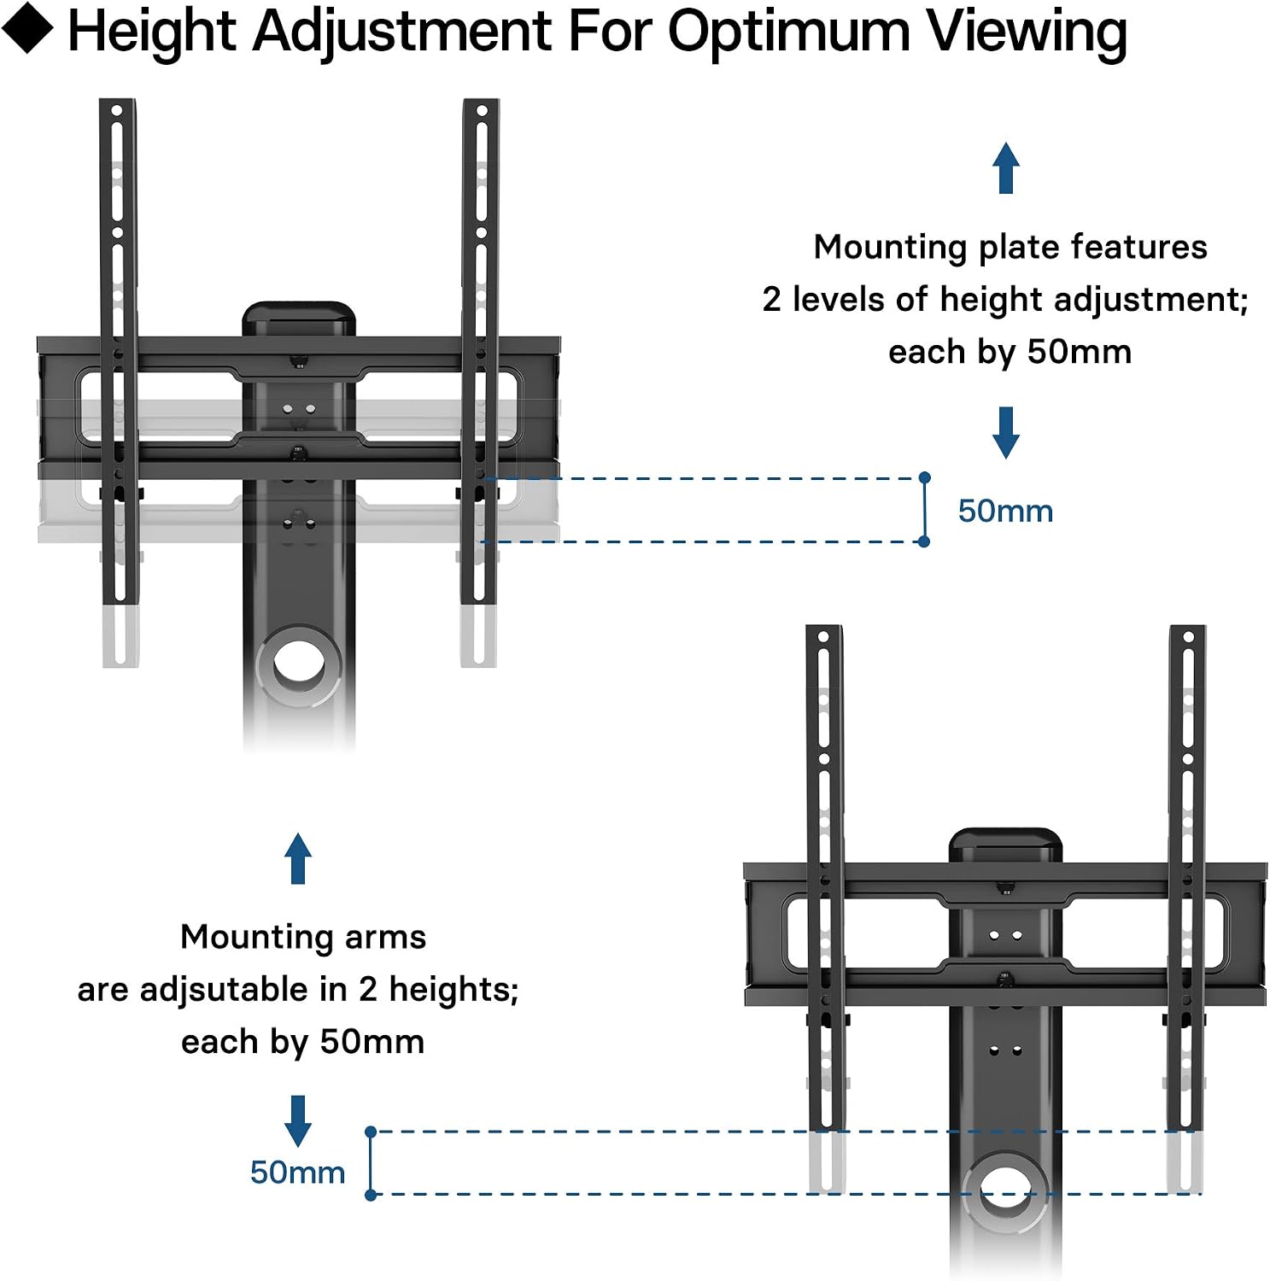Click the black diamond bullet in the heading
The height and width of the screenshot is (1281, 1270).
click(27, 28)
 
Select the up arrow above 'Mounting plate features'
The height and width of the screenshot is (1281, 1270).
click(1006, 167)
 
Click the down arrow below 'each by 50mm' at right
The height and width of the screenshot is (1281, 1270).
click(1006, 432)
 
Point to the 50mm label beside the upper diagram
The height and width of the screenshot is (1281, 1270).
click(1005, 511)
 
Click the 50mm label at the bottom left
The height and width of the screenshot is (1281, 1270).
click(297, 1172)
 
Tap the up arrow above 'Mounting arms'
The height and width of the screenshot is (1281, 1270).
click(297, 858)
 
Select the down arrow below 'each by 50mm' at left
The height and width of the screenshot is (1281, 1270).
click(297, 1120)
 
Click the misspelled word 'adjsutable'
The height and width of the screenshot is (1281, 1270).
click(225, 990)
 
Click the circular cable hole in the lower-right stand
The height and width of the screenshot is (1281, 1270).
click(1005, 1192)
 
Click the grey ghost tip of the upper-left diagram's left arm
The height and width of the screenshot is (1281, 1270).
click(120, 637)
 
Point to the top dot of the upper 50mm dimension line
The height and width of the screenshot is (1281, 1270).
click(924, 477)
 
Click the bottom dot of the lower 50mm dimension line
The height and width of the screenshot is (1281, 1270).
click(371, 1195)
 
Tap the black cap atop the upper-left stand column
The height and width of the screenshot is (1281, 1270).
click(299, 318)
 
